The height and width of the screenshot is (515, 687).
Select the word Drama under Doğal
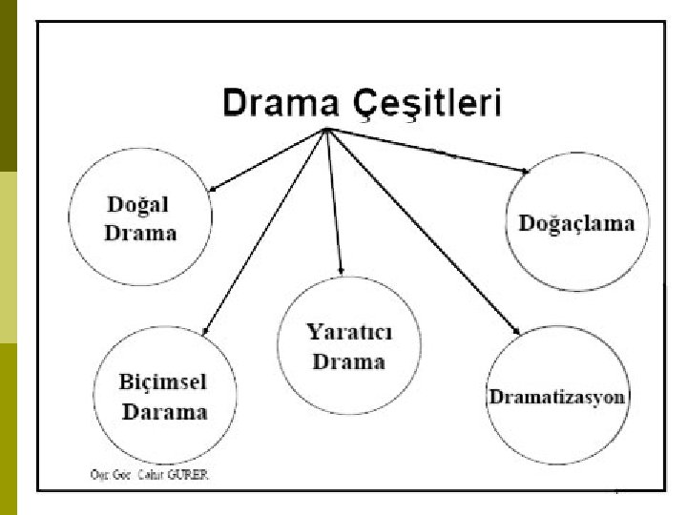pos(139,233)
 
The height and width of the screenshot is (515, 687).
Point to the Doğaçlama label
pos(576,223)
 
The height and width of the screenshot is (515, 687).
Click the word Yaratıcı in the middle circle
pos(348,333)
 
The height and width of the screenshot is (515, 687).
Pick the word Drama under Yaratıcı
pos(348,361)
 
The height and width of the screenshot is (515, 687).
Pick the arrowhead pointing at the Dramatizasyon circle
pos(516,330)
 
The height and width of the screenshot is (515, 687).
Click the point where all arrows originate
pos(327,129)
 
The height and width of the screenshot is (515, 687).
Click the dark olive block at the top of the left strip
pos(9,86)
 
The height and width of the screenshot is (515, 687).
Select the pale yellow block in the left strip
pos(9,257)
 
